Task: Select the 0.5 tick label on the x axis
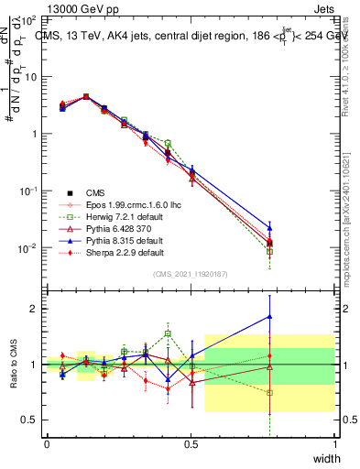point(191,443)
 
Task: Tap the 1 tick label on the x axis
point(335,443)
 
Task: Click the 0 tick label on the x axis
point(47,443)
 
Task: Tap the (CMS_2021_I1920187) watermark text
point(191,274)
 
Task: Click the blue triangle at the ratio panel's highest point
point(269,317)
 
